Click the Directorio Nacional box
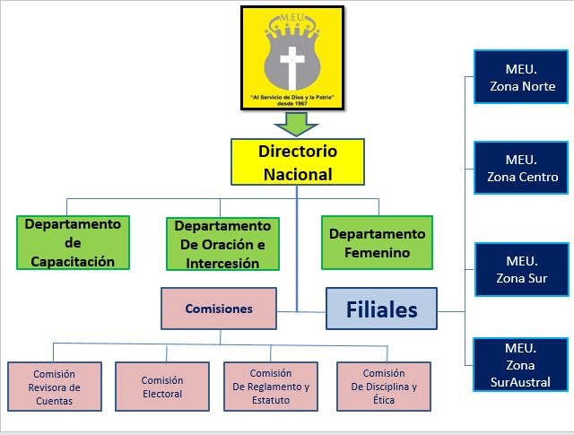click(297, 162)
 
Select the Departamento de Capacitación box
click(74, 242)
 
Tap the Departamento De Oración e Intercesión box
click(222, 244)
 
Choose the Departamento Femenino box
click(377, 242)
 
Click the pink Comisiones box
click(219, 309)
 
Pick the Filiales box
click(381, 309)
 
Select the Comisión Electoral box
click(161, 387)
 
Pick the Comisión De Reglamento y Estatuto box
click(271, 387)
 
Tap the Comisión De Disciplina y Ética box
click(384, 387)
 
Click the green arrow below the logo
click(291, 122)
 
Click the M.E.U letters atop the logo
click(291, 15)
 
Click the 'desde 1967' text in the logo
click(291, 103)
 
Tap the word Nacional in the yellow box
click(297, 174)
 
